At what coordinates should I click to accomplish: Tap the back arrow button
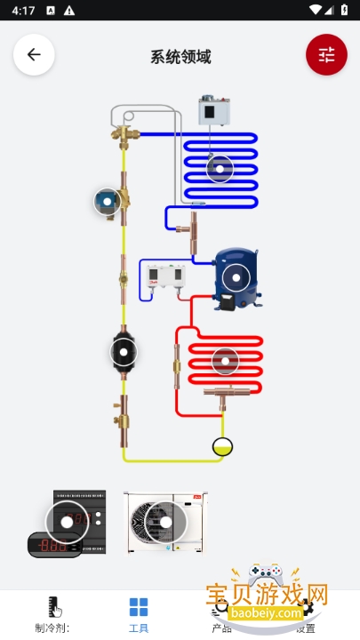(x=34, y=54)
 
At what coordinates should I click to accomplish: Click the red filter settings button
(x=326, y=54)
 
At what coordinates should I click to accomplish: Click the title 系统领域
(x=180, y=57)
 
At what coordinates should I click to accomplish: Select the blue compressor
(x=236, y=278)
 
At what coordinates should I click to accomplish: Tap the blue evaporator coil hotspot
(x=219, y=168)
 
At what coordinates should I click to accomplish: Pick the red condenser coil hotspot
(x=226, y=361)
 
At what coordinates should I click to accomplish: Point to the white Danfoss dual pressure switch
(x=166, y=279)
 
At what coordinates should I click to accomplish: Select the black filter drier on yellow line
(x=124, y=352)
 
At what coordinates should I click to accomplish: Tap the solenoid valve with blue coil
(x=108, y=202)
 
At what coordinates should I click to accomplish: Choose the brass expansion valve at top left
(x=123, y=135)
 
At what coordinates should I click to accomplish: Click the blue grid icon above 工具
(x=139, y=607)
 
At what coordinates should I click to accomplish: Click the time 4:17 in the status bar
(x=24, y=11)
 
